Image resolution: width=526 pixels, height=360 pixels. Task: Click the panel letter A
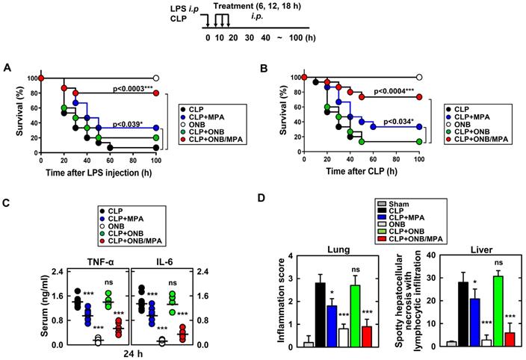[x=7, y=68]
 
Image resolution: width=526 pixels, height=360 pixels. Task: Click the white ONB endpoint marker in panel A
[x=157, y=78]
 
